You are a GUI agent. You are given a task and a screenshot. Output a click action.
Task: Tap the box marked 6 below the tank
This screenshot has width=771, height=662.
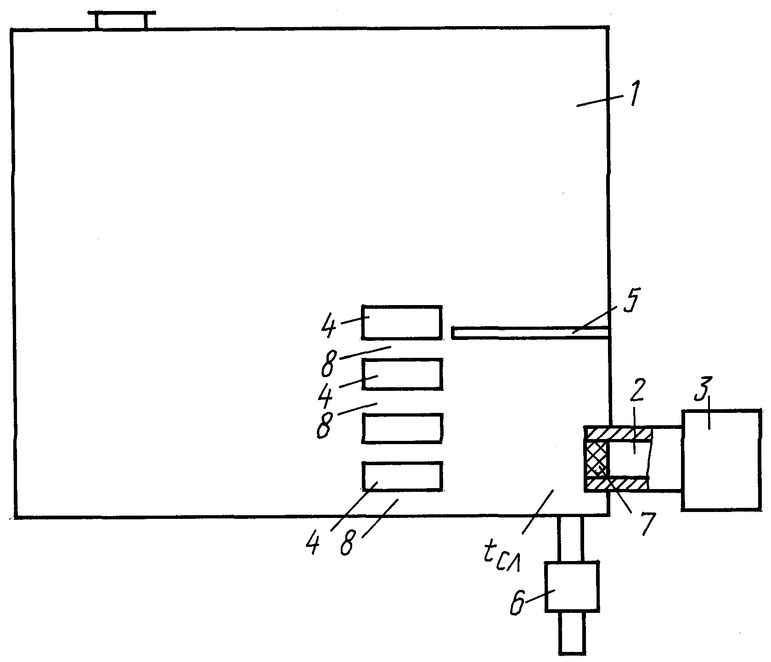pyautogui.click(x=572, y=587)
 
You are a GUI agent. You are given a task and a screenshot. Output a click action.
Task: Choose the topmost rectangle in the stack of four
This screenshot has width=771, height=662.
pyautogui.click(x=402, y=323)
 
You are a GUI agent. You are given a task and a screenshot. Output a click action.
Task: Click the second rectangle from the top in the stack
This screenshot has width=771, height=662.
pyautogui.click(x=402, y=374)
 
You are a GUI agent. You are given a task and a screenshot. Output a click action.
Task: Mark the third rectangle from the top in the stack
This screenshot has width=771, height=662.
pyautogui.click(x=402, y=428)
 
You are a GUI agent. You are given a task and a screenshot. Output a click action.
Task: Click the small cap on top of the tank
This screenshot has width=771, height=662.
pyautogui.click(x=122, y=20)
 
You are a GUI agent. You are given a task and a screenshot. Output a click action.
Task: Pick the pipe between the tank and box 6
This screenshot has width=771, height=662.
pyautogui.click(x=570, y=539)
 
